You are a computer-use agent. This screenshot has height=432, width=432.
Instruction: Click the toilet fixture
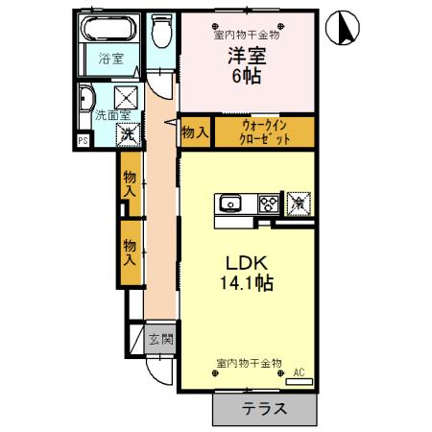click(x=160, y=34)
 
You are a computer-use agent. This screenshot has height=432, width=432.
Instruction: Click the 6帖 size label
click(x=246, y=76)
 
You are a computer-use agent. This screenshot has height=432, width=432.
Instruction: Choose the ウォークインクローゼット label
click(x=264, y=131)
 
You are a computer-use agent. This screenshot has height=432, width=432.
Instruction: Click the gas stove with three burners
click(x=267, y=203)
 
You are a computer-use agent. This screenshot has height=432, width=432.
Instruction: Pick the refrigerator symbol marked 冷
click(x=299, y=203)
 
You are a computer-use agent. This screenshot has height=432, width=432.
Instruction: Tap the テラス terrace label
click(x=263, y=409)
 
